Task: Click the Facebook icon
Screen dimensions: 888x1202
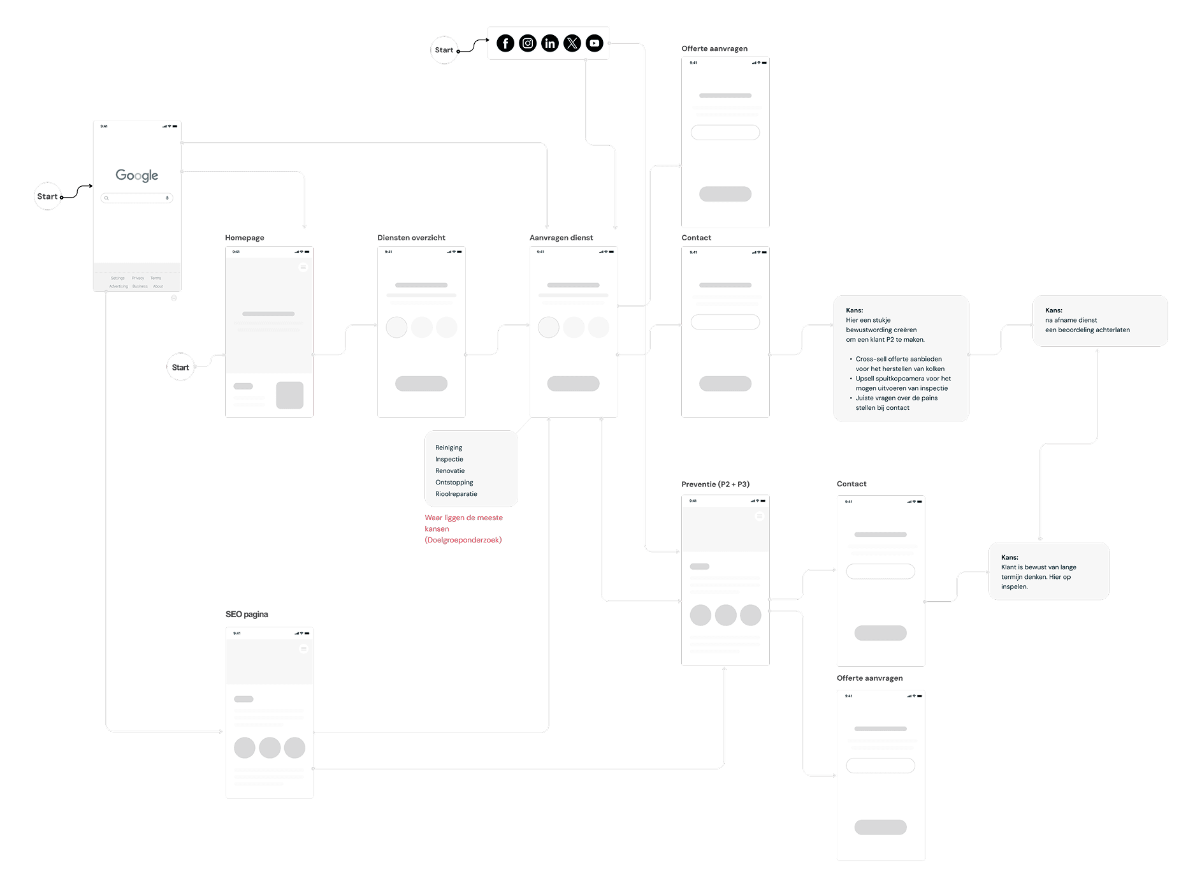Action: (505, 43)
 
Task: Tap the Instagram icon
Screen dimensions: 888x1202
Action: (528, 43)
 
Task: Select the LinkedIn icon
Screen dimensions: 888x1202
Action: (550, 43)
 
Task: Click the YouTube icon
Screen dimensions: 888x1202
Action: (594, 43)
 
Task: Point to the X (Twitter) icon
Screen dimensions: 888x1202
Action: (572, 43)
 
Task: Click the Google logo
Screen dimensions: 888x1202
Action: (137, 175)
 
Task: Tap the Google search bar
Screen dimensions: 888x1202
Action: (137, 198)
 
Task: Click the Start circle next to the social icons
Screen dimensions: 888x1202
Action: (444, 50)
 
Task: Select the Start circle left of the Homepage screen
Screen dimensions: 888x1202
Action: (180, 367)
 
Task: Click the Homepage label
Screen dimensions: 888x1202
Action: (245, 238)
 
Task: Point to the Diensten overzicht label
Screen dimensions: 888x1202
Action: (411, 238)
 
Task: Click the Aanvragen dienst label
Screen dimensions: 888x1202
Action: (561, 238)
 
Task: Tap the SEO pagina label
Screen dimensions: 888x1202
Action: (247, 615)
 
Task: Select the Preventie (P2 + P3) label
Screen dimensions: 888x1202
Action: (715, 484)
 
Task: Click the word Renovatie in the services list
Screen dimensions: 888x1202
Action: (450, 471)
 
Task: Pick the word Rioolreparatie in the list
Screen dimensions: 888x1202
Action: (456, 494)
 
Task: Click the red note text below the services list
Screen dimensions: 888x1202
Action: (463, 529)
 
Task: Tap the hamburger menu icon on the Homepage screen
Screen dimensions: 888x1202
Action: (303, 268)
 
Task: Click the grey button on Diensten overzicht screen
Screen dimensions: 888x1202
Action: (421, 384)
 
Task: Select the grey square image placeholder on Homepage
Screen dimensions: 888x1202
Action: (289, 395)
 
